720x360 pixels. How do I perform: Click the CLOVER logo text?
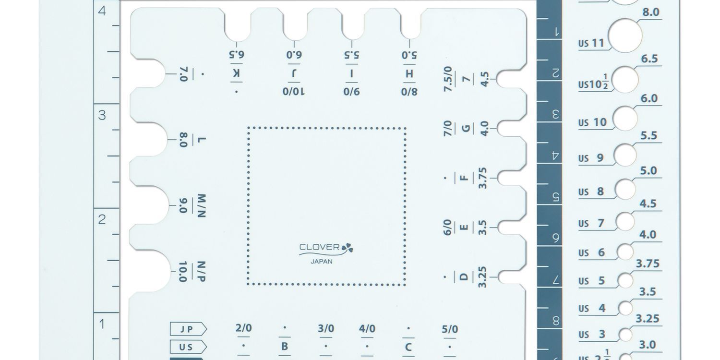pyautogui.click(x=320, y=248)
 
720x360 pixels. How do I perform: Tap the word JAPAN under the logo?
pyautogui.click(x=322, y=262)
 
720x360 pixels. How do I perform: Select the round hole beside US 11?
pyautogui.click(x=625, y=36)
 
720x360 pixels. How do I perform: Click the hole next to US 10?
pyautogui.click(x=625, y=119)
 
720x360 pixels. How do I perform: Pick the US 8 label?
pyautogui.click(x=591, y=192)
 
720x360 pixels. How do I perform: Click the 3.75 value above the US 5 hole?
pyautogui.click(x=648, y=264)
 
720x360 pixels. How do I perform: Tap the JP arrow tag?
pyautogui.click(x=188, y=329)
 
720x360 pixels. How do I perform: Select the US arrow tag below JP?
pyautogui.click(x=188, y=347)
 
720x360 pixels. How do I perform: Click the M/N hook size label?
pyautogui.click(x=201, y=206)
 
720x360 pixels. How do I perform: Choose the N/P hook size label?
pyautogui.click(x=201, y=272)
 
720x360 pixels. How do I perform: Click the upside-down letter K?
pyautogui.click(x=236, y=73)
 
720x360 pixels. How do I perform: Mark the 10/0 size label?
pyautogui.click(x=293, y=91)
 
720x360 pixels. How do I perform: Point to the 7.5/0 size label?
pyautogui.click(x=448, y=79)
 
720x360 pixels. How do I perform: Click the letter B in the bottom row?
pyautogui.click(x=285, y=347)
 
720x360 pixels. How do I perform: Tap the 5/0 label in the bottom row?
pyautogui.click(x=450, y=329)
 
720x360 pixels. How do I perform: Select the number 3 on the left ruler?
pyautogui.click(x=102, y=115)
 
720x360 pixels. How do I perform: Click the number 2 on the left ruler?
pyautogui.click(x=102, y=219)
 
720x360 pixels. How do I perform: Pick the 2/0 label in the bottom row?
pyautogui.click(x=243, y=328)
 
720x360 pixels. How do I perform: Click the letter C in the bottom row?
pyautogui.click(x=408, y=347)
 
